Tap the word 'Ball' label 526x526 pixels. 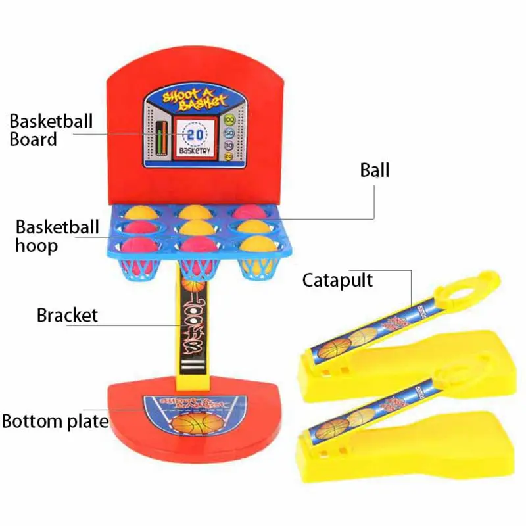(x=375, y=170)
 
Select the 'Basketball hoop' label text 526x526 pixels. (x=57, y=237)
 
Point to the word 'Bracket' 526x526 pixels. (x=67, y=315)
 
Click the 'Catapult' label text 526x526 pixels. (x=337, y=280)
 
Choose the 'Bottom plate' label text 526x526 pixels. (x=55, y=421)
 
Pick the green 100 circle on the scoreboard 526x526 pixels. (x=228, y=120)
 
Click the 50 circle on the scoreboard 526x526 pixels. (x=228, y=133)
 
